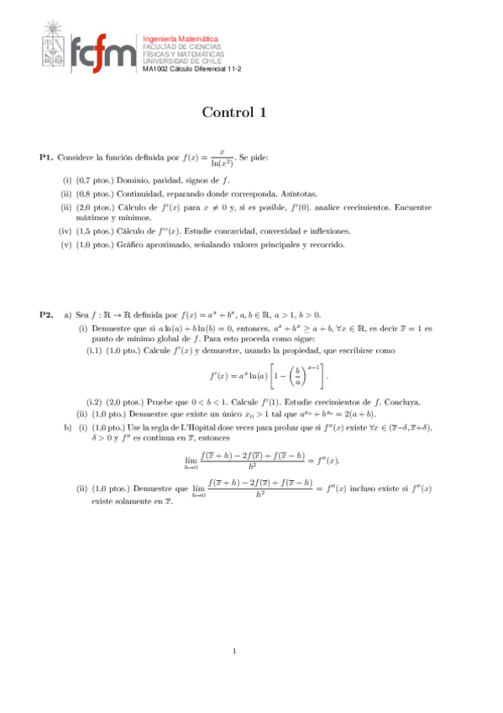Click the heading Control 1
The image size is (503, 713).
[234, 113]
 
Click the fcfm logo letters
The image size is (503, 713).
[102, 55]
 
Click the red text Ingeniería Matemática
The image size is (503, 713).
[181, 39]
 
